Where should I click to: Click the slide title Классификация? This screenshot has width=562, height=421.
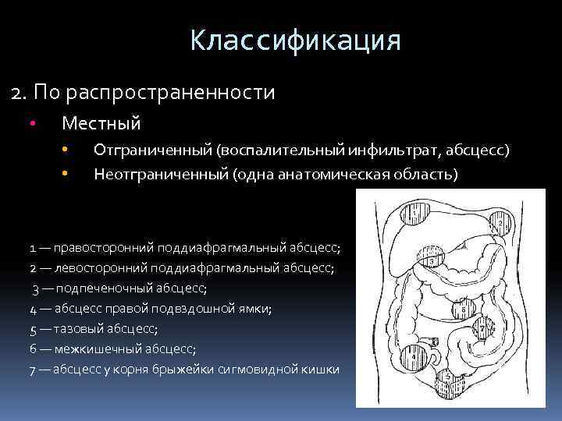[x=295, y=39]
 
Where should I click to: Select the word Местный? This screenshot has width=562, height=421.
[x=101, y=123]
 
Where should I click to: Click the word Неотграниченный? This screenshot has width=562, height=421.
[x=161, y=173]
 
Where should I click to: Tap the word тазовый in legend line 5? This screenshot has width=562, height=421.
[x=76, y=329]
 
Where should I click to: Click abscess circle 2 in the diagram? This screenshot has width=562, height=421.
[x=500, y=223]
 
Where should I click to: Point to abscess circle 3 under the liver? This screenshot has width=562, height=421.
[x=432, y=260]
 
